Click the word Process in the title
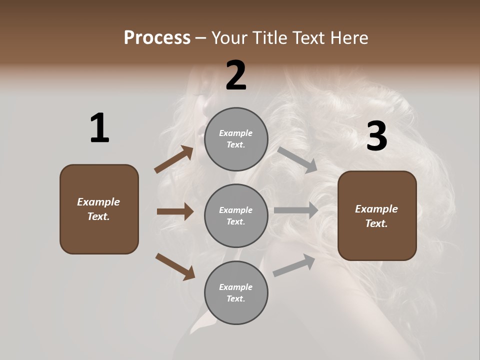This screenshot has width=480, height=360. [157, 38]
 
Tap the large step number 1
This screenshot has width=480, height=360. [99, 128]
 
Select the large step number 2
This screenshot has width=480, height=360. [236, 75]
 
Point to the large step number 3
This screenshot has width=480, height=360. [377, 136]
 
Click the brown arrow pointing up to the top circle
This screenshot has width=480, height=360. [174, 159]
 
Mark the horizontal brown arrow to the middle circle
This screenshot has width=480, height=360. [175, 211]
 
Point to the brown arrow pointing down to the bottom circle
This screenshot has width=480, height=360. [175, 266]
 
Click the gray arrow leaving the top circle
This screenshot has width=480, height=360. [297, 159]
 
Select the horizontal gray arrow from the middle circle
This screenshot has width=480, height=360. [296, 210]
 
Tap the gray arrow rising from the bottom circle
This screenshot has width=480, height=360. [294, 265]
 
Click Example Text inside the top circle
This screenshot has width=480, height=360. [236, 139]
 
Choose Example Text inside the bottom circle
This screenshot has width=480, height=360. [236, 293]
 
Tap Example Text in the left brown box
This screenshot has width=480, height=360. [99, 209]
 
